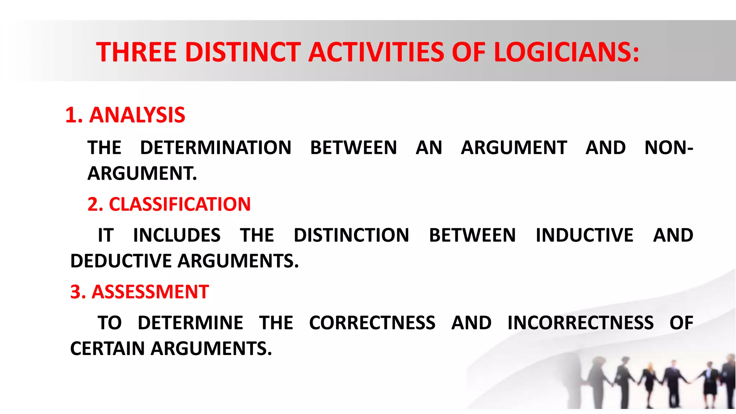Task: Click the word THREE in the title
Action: pyautogui.click(x=136, y=52)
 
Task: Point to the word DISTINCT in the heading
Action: pyautogui.click(x=243, y=52)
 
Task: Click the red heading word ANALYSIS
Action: pyautogui.click(x=137, y=115)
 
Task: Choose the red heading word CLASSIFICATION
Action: pyautogui.click(x=180, y=204)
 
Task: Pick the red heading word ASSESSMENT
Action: pyautogui.click(x=150, y=292)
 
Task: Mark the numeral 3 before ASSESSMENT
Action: pyautogui.click(x=76, y=292)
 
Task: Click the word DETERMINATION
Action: pyautogui.click(x=216, y=148)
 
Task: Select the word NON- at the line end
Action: pyautogui.click(x=668, y=148)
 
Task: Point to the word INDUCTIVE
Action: pyautogui.click(x=584, y=235)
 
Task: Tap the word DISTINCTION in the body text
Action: pyautogui.click(x=351, y=235)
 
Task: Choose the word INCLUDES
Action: pyautogui.click(x=177, y=235)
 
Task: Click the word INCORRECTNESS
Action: pyautogui.click(x=580, y=323)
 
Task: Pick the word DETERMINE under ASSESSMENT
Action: pyautogui.click(x=190, y=323)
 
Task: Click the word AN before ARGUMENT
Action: pyautogui.click(x=429, y=148)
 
